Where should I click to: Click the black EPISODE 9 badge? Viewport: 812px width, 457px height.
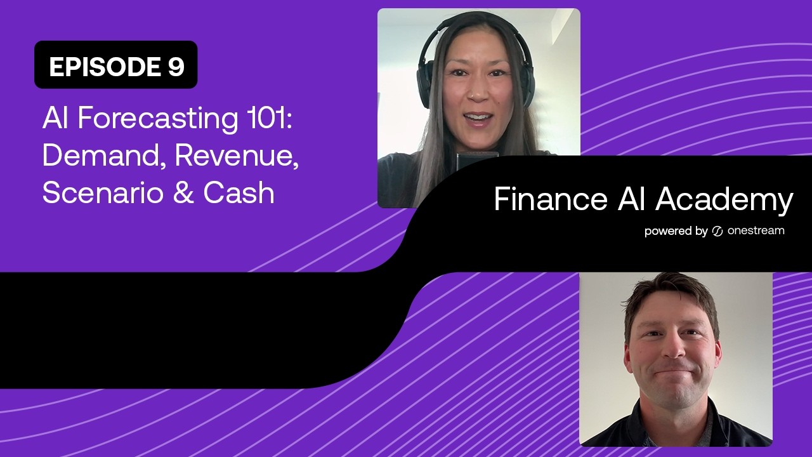click(115, 65)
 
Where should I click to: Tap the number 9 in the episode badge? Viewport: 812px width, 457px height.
click(176, 67)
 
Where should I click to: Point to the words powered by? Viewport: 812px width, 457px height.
click(676, 231)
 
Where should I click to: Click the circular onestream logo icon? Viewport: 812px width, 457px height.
click(717, 231)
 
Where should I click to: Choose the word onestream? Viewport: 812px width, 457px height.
click(756, 231)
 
